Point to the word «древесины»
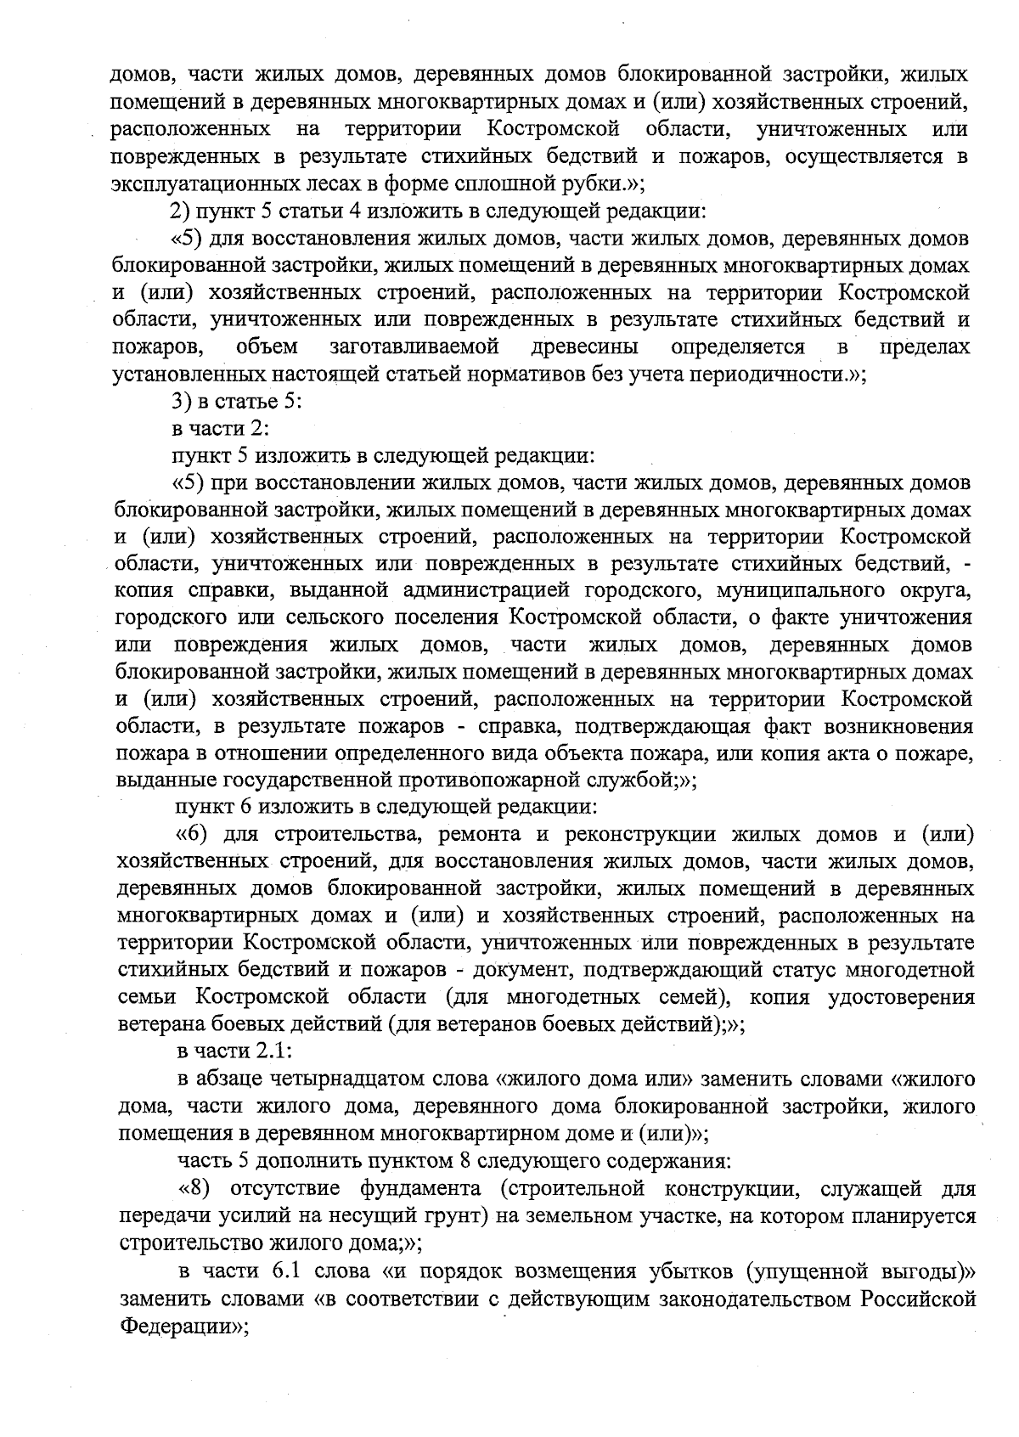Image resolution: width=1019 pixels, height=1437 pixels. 586,347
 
